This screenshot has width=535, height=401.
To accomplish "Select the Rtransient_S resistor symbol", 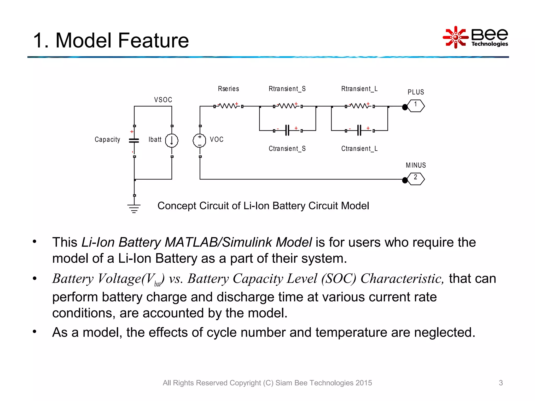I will (x=287, y=106).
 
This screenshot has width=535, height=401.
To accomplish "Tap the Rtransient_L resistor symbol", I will (x=359, y=106).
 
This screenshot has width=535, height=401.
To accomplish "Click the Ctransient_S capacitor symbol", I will (x=287, y=130).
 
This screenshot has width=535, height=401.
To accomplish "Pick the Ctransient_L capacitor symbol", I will (x=359, y=130).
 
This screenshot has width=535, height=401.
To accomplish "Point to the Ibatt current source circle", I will (x=172, y=140).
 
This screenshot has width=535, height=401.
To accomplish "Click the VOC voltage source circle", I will (x=200, y=140).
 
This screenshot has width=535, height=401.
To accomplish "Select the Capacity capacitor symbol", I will (x=134, y=140).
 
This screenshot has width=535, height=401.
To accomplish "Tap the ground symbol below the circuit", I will (x=134, y=208).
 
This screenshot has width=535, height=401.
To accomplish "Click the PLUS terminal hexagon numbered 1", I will (x=416, y=106).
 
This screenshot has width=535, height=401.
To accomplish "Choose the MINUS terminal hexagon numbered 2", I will (x=416, y=179).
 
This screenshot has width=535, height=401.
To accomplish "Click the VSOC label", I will (x=163, y=100).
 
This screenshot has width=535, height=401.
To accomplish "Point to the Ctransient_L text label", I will (x=359, y=149).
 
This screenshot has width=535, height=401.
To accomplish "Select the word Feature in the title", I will (x=153, y=40).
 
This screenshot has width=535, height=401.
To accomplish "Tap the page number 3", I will (x=501, y=383).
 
